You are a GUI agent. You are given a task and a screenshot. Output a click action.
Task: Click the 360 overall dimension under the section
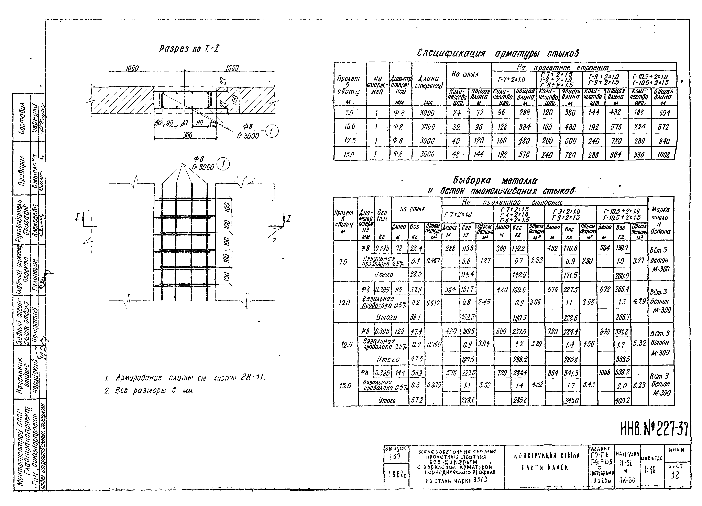[x=187, y=135]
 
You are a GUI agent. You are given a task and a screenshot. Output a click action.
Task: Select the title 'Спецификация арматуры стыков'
[x=498, y=53]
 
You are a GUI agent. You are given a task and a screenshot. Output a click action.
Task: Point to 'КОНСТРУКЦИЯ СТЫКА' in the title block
[x=546, y=455]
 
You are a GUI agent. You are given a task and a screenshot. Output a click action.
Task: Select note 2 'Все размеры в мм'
[x=149, y=391]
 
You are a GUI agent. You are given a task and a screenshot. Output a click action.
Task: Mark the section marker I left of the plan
[x=77, y=218]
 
